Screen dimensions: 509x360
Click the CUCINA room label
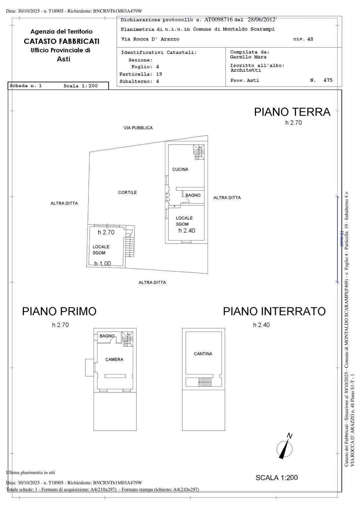click(180, 169)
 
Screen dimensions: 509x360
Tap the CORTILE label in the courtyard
click(127, 193)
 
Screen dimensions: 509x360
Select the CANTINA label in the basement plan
click(203, 354)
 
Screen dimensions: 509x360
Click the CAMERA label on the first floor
click(114, 360)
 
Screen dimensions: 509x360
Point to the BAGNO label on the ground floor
click(193, 195)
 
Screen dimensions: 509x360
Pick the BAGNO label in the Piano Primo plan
click(107, 336)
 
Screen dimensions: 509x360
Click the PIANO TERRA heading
click(292, 112)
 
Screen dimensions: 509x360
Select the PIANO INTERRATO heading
click(274, 311)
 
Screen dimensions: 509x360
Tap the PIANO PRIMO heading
click(59, 311)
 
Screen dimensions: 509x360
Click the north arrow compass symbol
click(285, 447)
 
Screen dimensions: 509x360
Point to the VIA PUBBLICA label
click(138, 128)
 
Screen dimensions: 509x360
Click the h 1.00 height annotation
click(102, 264)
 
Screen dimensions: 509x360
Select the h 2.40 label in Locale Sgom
click(187, 231)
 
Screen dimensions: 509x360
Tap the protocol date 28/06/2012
click(261, 20)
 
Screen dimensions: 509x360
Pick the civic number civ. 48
click(303, 39)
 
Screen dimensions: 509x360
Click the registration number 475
click(328, 80)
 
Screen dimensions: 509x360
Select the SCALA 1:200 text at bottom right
click(276, 478)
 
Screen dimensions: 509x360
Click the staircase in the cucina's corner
click(199, 152)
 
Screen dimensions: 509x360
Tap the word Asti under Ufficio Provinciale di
click(63, 59)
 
